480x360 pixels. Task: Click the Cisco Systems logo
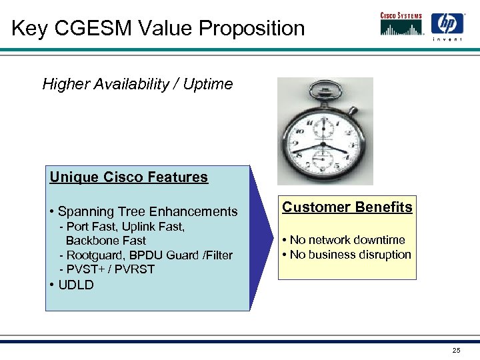coord(401,24)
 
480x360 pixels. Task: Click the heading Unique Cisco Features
coord(129,177)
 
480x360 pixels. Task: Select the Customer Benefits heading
coord(347,207)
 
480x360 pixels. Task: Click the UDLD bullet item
coord(75,285)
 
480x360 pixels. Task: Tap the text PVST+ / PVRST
coord(111,270)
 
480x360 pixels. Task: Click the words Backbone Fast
coord(105,241)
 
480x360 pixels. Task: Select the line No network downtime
coord(347,240)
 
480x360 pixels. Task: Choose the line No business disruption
coord(350,255)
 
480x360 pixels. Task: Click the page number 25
coord(456,351)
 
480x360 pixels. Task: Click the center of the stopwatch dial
coord(323,143)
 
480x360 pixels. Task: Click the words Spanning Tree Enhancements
coord(147,212)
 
